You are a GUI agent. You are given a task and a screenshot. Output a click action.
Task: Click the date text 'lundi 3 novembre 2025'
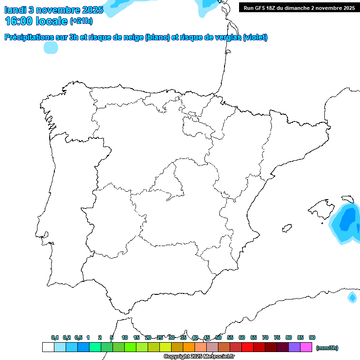point(53,10)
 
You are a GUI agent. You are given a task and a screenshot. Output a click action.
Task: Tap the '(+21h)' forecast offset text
point(81,21)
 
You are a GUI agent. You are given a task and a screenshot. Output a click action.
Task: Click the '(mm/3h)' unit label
point(327,348)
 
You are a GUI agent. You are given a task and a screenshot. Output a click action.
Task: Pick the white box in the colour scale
point(48,347)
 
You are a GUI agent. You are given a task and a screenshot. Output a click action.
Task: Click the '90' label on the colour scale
point(312,337)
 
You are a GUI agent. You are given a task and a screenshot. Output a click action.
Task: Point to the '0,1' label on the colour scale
point(55,337)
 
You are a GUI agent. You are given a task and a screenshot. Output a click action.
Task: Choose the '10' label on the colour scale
point(125,337)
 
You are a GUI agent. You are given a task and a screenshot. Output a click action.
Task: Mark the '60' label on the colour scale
point(242,337)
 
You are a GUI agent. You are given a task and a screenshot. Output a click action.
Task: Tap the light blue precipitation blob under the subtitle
point(51,47)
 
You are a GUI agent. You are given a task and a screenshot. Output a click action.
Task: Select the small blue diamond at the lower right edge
point(352,297)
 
